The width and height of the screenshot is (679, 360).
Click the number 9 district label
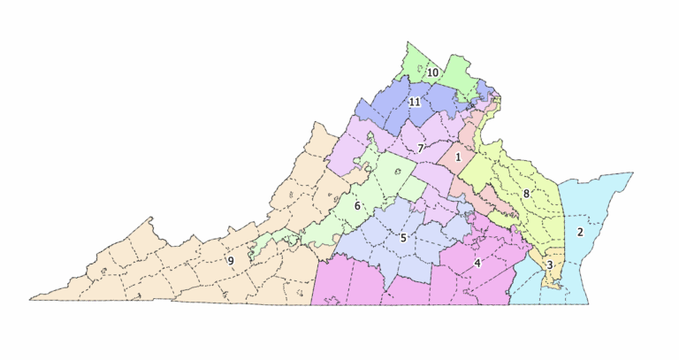[231, 261]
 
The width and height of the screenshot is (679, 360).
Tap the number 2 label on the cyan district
[580, 233]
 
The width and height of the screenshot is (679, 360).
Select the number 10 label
[433, 72]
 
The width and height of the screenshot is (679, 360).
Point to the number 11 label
[415, 103]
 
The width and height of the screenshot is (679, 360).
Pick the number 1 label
[458, 157]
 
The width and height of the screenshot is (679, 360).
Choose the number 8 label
[526, 193]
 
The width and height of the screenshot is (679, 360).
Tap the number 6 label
[358, 206]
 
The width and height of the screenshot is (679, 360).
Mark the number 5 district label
[402, 237]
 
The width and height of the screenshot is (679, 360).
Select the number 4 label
[477, 263]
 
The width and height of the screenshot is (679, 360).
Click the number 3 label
[549, 264]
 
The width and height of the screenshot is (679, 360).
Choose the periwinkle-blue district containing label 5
[380, 239]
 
